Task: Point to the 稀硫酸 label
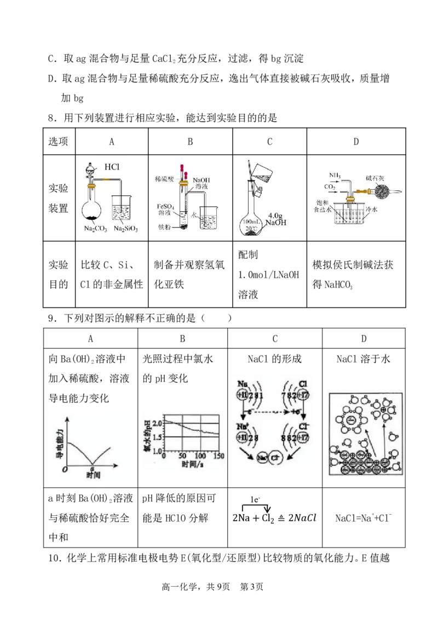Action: pos(165,179)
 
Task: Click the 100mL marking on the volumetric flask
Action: pos(251,222)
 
